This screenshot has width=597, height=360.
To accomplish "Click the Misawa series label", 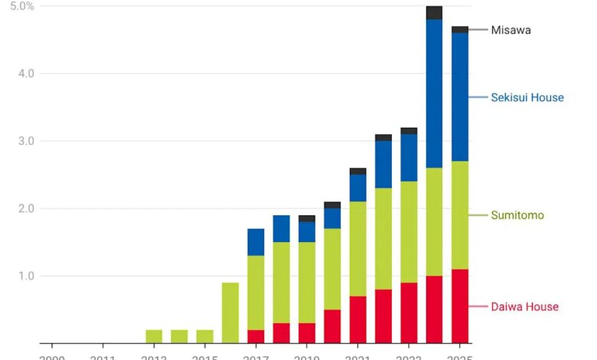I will click(x=511, y=30).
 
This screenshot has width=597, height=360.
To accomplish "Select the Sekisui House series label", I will click(x=527, y=97).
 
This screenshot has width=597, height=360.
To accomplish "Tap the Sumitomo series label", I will click(x=517, y=215).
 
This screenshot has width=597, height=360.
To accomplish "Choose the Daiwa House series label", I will click(x=524, y=306).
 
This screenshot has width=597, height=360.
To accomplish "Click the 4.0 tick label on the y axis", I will click(x=26, y=74).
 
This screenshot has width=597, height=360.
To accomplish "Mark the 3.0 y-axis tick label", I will click(x=26, y=141).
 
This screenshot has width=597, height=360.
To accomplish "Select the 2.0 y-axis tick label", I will click(x=26, y=208).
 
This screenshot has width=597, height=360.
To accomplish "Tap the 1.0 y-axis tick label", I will click(x=26, y=276).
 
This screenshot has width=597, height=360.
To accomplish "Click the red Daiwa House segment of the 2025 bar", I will click(x=460, y=306).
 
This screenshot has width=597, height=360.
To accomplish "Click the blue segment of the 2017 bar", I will click(x=256, y=242).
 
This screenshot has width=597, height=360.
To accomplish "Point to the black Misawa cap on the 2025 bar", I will click(x=460, y=29).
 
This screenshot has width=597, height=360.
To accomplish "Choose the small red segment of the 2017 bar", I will click(x=256, y=336).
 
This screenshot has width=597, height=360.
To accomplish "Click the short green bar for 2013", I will click(x=154, y=336).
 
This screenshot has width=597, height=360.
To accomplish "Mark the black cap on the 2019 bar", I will click(x=307, y=218).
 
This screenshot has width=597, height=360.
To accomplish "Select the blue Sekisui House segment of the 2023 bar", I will click(x=409, y=158).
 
